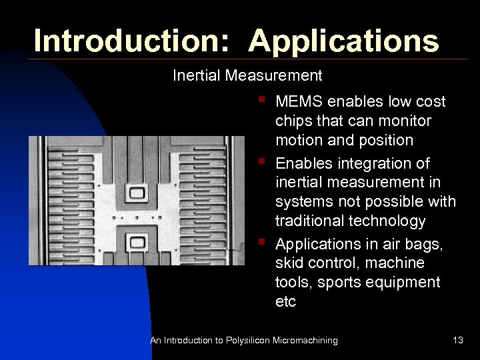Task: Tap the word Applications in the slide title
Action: [344, 41]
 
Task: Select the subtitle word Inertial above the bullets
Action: [197, 76]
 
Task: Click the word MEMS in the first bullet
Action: [297, 102]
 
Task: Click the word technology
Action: [391, 221]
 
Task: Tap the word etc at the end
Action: [285, 301]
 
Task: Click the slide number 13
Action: [457, 341]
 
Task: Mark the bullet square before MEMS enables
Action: [263, 101]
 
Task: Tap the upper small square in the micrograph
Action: [138, 192]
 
